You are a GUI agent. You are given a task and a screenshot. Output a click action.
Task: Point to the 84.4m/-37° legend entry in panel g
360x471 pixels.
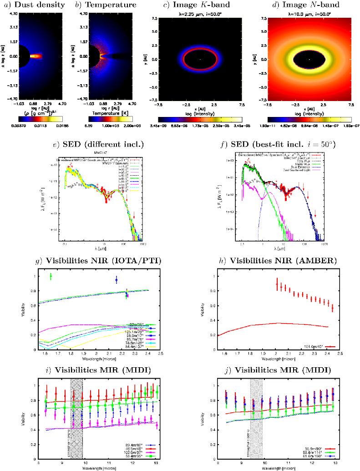point(137,346)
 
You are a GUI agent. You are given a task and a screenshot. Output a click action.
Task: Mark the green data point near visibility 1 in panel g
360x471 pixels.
point(51,276)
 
